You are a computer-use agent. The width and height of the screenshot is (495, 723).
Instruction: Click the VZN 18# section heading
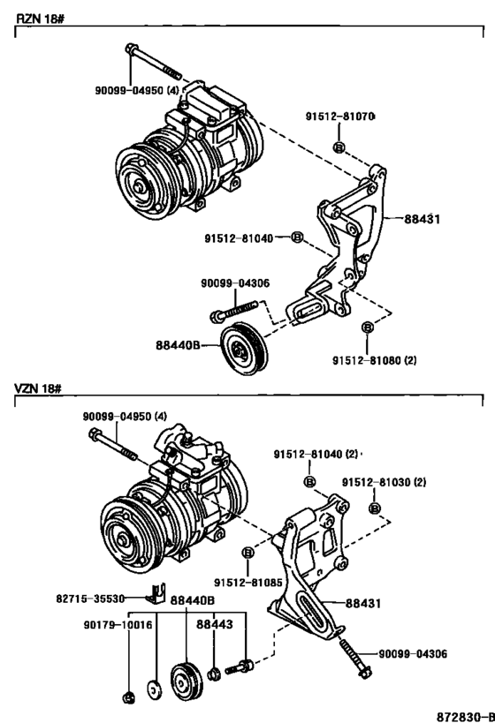(34, 388)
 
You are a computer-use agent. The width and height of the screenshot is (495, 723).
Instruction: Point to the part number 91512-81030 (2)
(384, 483)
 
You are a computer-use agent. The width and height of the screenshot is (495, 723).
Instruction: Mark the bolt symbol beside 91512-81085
(248, 554)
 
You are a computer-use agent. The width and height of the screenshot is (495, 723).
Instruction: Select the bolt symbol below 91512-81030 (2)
(375, 508)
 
